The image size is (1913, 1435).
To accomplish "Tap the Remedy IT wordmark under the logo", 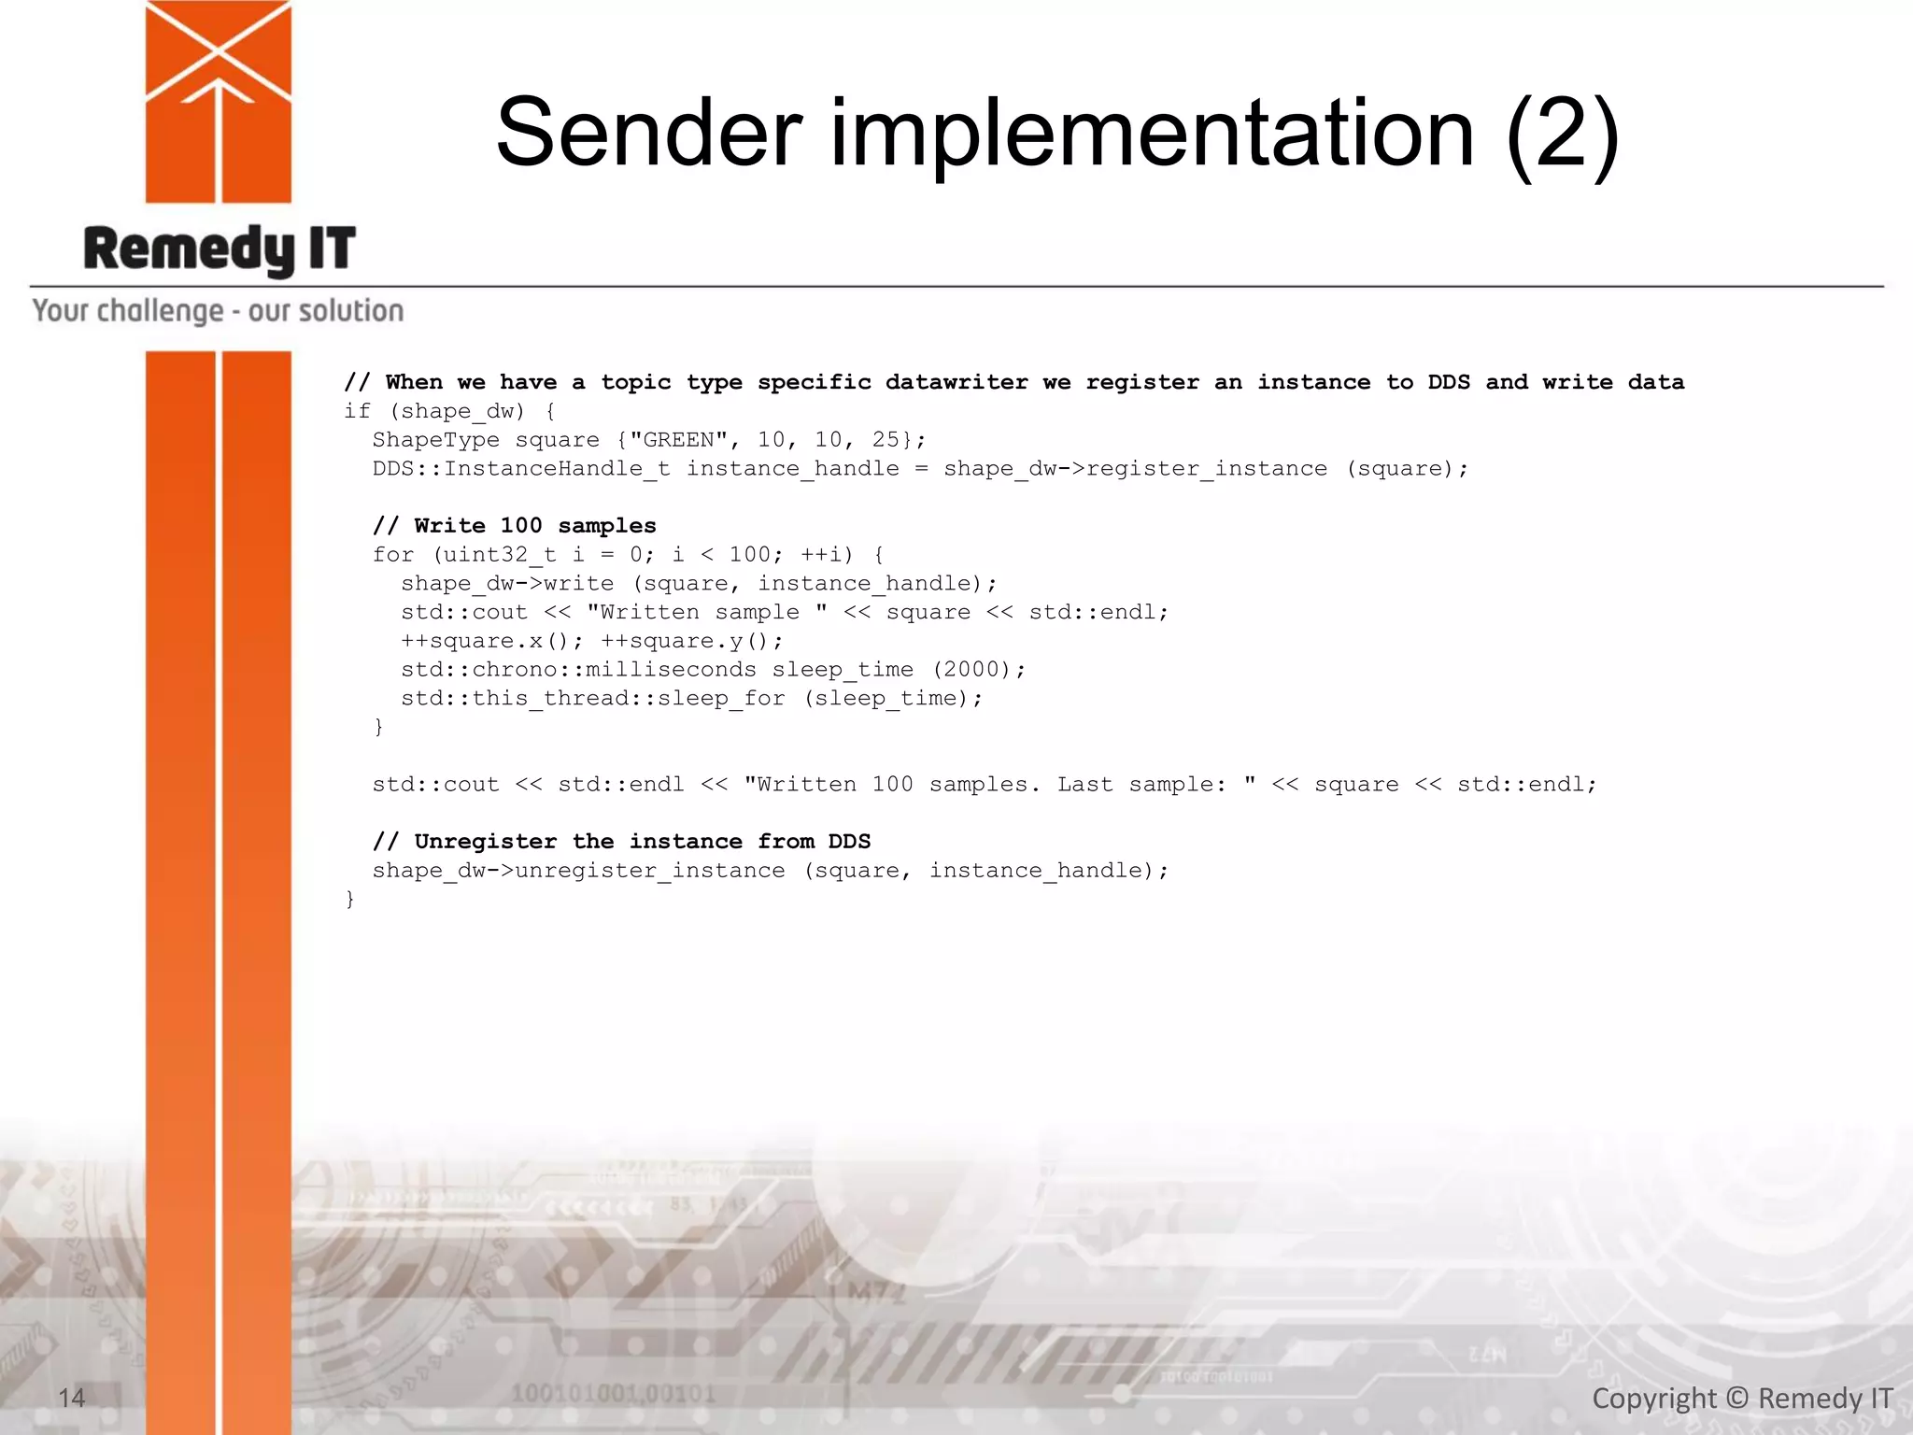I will click(220, 249).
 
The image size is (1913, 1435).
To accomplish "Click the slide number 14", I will click(71, 1398).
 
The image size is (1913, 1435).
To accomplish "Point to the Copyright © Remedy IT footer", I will click(1742, 1399).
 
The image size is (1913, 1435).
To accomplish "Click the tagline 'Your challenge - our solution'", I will click(218, 311).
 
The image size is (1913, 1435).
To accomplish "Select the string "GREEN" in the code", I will click(678, 440).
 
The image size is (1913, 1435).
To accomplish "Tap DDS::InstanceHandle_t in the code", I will click(520, 469).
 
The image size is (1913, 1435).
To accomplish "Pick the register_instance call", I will click(1206, 469).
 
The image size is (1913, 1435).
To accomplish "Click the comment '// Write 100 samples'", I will click(514, 526).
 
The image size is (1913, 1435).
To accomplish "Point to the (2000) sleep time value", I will click(971, 670).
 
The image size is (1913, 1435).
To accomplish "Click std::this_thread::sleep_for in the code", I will click(593, 699).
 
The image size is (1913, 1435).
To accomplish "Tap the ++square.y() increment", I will click(691, 641).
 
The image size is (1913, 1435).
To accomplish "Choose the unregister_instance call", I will click(650, 871).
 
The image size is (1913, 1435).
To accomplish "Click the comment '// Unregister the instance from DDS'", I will click(621, 842).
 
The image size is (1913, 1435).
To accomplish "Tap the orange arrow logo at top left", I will click(219, 101).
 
